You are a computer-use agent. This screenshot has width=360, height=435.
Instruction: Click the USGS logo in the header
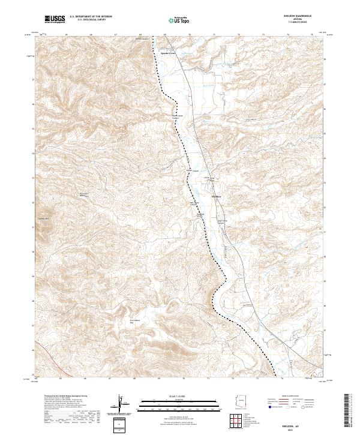point(55,19)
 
